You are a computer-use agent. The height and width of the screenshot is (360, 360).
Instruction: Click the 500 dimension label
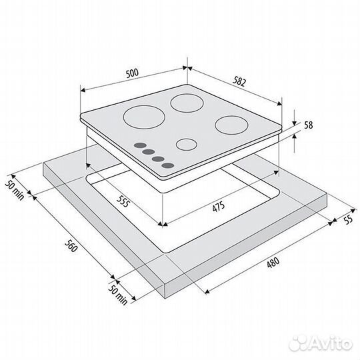coord(133,73)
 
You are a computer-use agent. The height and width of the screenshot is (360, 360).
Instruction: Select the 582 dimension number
coord(239,81)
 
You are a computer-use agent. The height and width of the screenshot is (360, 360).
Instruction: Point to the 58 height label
coord(309,125)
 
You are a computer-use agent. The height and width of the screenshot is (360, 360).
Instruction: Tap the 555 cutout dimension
coord(123,201)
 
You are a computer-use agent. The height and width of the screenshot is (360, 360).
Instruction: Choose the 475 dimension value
coord(219,207)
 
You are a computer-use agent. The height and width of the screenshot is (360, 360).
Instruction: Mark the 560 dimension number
coord(71,245)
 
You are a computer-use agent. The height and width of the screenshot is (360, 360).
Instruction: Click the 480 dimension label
coord(273,263)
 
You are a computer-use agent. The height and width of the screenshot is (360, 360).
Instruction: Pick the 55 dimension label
coord(348,220)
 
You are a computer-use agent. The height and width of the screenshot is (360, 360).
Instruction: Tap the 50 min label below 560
coord(117,295)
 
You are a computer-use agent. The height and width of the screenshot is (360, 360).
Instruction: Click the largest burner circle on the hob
coord(144,117)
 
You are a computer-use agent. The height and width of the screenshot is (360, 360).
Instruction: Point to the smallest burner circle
coord(187,145)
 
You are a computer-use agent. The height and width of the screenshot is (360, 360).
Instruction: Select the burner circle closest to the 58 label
coord(232,125)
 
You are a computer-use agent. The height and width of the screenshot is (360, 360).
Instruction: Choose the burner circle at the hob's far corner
coord(187,103)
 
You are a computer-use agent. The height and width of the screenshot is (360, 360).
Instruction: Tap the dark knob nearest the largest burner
coord(140,145)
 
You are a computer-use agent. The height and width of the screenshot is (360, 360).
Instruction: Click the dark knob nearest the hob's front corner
coord(168,165)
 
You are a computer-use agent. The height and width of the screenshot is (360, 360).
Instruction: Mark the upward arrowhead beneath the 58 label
coord(295,136)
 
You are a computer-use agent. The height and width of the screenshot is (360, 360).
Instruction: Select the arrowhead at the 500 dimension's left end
coord(83,90)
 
